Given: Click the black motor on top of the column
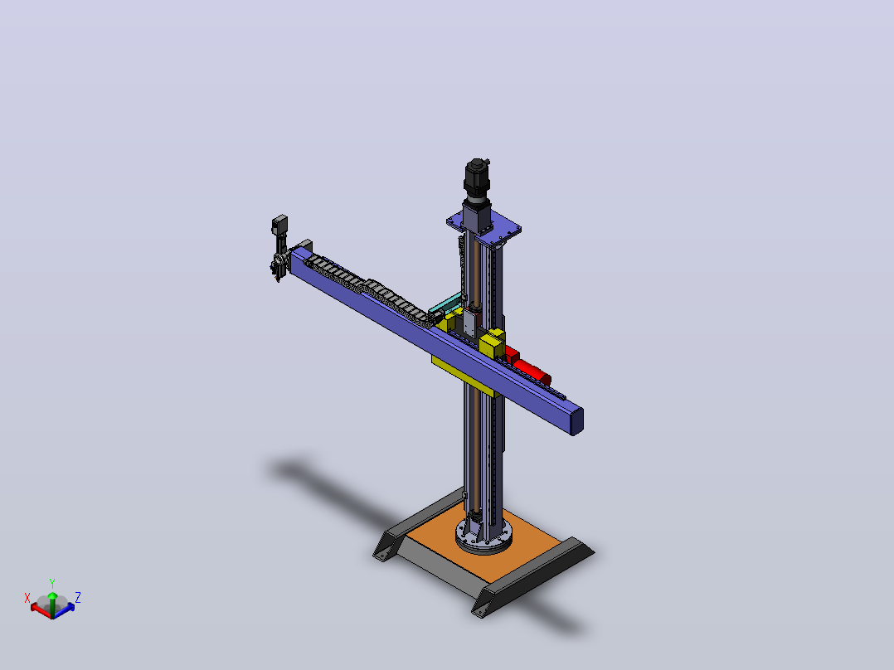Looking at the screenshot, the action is tap(477, 178).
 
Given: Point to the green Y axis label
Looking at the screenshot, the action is tap(52, 583).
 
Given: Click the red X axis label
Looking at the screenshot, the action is tap(27, 598).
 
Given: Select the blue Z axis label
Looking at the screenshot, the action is tap(78, 598).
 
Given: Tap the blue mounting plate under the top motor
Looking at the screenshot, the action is tap(484, 228).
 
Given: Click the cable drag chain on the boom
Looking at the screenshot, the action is tap(371, 291).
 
